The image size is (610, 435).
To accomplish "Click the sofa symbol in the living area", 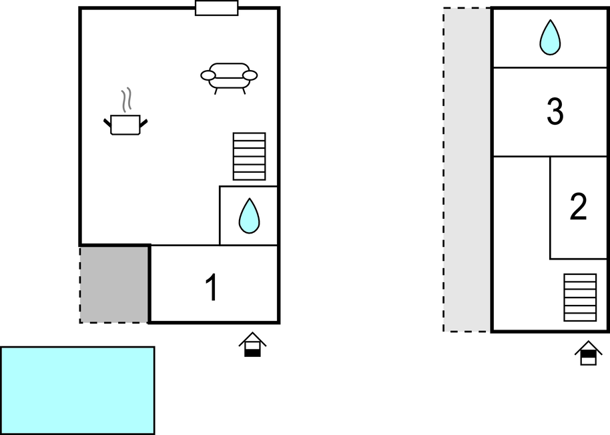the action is [229, 78].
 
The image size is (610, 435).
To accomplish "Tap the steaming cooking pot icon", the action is [125, 112].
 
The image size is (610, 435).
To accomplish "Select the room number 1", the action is [212, 288].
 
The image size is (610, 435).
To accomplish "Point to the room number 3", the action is [555, 111].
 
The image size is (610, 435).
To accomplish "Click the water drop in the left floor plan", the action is [249, 215].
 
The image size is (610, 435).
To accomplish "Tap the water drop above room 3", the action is [550, 37].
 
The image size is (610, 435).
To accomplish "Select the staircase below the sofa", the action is [250, 156].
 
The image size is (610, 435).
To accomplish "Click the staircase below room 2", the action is [580, 298].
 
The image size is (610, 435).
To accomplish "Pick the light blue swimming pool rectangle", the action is [77, 390].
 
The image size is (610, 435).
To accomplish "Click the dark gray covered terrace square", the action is [113, 285].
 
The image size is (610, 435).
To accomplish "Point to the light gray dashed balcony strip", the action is [467, 169].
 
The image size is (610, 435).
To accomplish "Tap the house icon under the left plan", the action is [252, 344].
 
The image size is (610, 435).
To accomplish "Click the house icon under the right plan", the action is [588, 353].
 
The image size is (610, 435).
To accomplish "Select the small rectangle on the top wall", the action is [217, 8].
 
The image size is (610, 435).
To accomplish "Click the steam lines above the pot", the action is [126, 100].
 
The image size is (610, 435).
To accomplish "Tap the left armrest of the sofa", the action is [208, 75].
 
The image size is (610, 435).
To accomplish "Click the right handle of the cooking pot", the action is [143, 124].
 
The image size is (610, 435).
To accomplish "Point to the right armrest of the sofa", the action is [250, 75].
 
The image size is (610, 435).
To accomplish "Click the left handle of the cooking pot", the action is [107, 123].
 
